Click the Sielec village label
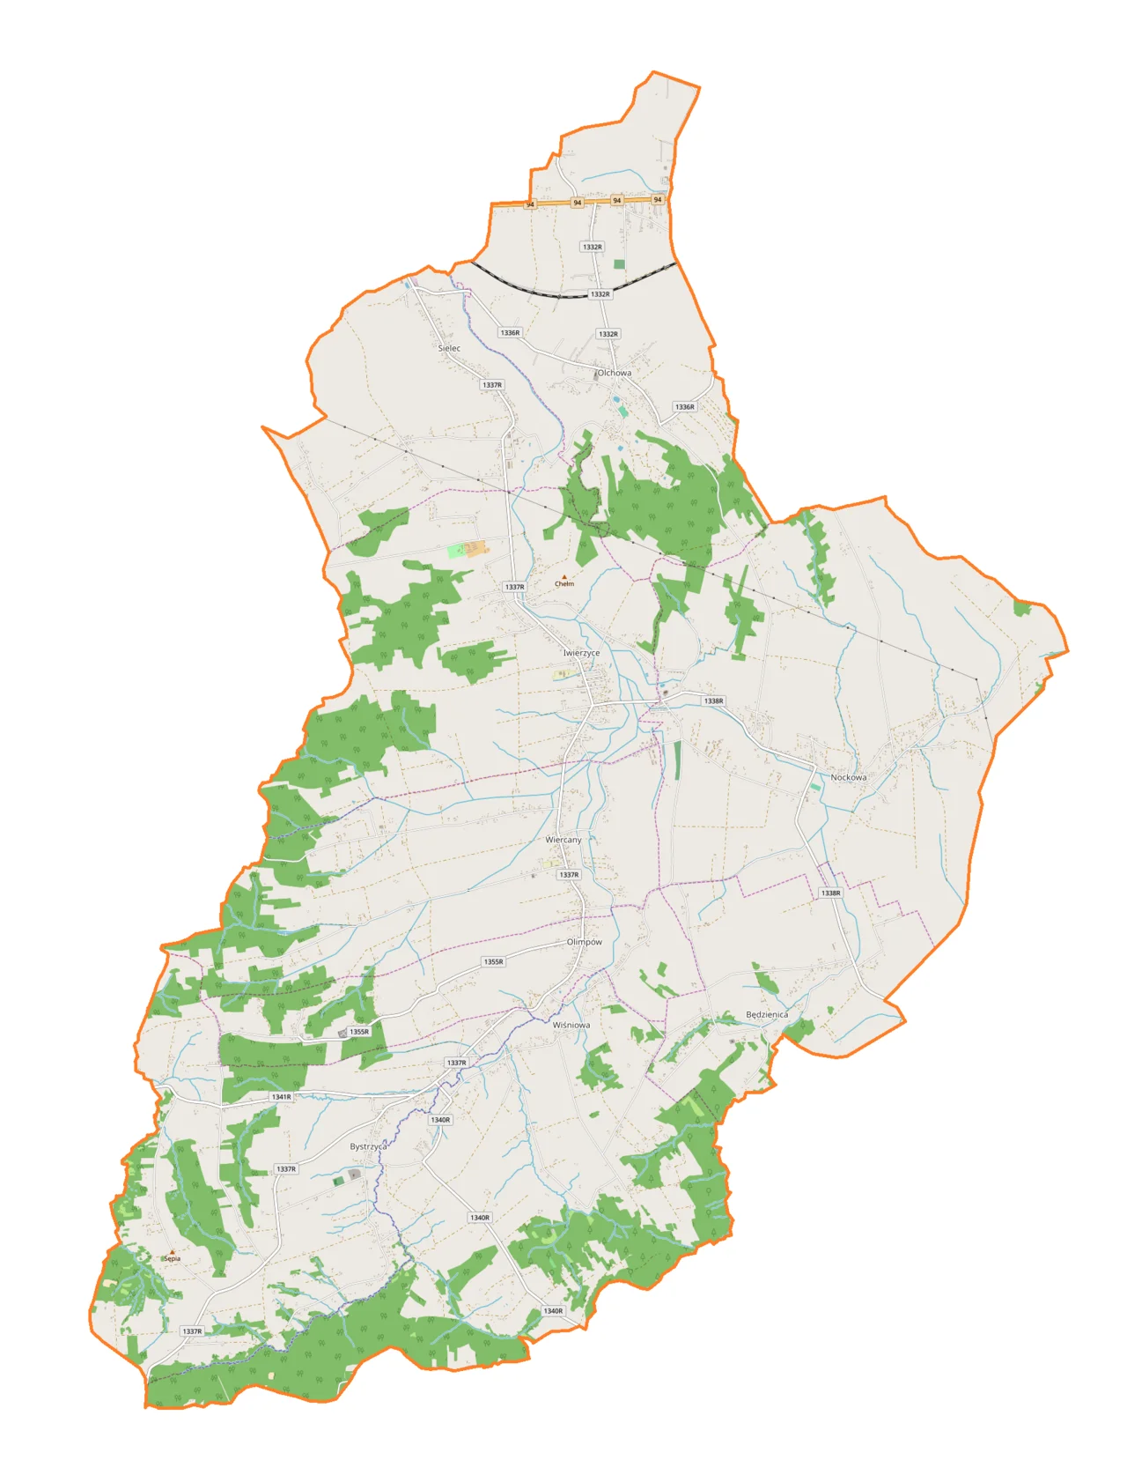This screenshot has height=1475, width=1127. click(x=449, y=348)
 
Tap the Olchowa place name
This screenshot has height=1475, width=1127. click(x=614, y=373)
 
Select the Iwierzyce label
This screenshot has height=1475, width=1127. click(x=581, y=653)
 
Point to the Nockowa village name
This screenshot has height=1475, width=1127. click(x=849, y=777)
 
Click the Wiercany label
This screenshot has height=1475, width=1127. click(x=563, y=840)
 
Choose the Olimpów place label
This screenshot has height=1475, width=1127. click(x=585, y=942)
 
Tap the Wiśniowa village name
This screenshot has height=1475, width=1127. click(x=571, y=1025)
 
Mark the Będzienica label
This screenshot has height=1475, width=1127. click(x=767, y=1014)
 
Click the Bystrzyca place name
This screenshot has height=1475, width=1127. click(x=368, y=1146)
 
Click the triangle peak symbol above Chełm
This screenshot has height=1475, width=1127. click(x=564, y=577)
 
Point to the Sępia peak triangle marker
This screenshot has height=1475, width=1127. click(x=173, y=1252)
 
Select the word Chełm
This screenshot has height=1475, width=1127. click(x=564, y=584)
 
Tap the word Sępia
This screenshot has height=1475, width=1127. click(x=173, y=1259)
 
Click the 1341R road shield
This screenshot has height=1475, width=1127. click(x=281, y=1097)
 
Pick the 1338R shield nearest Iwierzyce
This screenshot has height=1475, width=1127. click(x=713, y=701)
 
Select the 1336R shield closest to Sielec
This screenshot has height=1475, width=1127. click(x=510, y=333)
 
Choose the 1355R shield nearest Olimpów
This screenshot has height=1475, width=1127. click(x=493, y=961)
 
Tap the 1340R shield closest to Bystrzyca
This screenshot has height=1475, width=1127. click(x=440, y=1120)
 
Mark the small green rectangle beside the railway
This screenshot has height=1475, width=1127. click(x=619, y=264)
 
